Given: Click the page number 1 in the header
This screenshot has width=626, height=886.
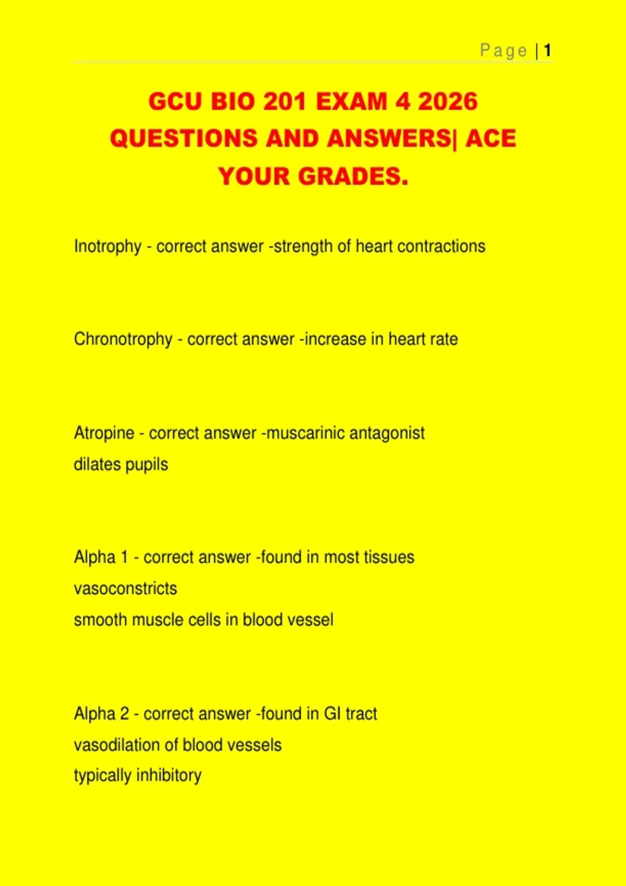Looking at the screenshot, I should (547, 51).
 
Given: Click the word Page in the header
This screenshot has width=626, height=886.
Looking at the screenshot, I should (503, 51).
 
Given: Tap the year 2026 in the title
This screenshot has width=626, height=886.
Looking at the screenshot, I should (448, 101).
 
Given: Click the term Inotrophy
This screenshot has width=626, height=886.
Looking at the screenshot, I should (107, 247).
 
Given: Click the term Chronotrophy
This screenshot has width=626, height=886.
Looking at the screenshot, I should (123, 339).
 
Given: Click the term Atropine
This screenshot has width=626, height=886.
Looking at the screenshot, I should (104, 433).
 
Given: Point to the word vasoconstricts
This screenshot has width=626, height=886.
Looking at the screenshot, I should (125, 589).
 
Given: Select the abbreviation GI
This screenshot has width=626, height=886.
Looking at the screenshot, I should (332, 713).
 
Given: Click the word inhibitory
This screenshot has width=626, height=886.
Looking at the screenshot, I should (169, 776).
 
